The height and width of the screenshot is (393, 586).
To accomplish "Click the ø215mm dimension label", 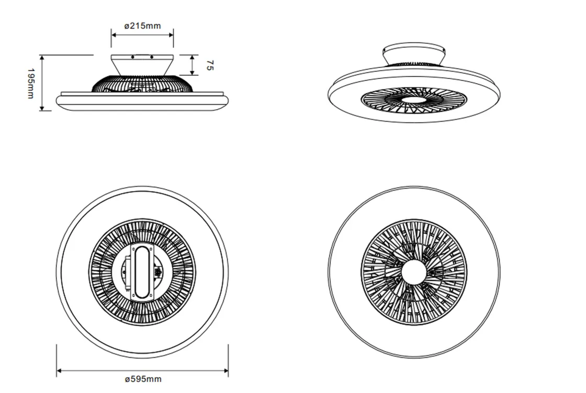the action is pos(142,26).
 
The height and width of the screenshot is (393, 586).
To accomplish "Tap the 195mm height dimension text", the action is pos(31,83).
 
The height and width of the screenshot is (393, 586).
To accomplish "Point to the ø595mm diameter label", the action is pos(143,379).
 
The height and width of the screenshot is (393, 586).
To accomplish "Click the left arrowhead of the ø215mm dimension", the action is pos(114,34).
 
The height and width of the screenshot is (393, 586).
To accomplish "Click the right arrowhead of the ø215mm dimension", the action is pos(171,34).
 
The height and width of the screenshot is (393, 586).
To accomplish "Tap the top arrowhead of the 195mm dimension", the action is pos(42,58).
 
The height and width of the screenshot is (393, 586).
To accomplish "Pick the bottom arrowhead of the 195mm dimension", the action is pos(42,108).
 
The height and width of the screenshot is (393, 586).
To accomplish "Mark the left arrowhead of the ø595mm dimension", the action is pos(60,371).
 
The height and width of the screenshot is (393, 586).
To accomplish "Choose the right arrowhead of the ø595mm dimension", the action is pos(226,371).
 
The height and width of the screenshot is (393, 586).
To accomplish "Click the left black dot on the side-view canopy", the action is pos(133,57).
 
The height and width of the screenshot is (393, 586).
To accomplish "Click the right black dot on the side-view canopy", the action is pos(152,57).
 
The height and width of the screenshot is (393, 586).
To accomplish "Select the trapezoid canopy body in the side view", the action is pos(142,65).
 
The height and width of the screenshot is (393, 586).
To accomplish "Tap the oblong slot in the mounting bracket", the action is pos(142,272).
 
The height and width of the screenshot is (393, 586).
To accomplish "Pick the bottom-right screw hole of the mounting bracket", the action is pos(151,297).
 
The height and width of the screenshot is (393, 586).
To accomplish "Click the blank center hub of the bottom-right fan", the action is pos(413,271).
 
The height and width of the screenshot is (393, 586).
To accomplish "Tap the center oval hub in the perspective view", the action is pos(413,100).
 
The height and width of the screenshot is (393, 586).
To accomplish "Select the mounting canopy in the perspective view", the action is pos(414,55).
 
